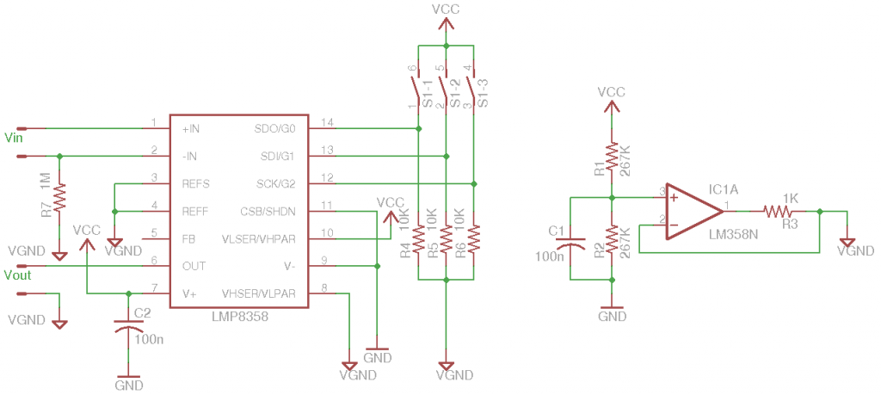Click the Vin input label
tap(14, 137)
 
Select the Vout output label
tap(17, 275)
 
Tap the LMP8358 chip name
tap(239, 317)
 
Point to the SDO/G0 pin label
tap(274, 128)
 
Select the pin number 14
tap(326, 122)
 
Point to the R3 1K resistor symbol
tap(777, 212)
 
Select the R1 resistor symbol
tap(612, 158)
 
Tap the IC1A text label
tap(724, 188)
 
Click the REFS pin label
tap(195, 183)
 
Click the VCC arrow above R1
tap(612, 105)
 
